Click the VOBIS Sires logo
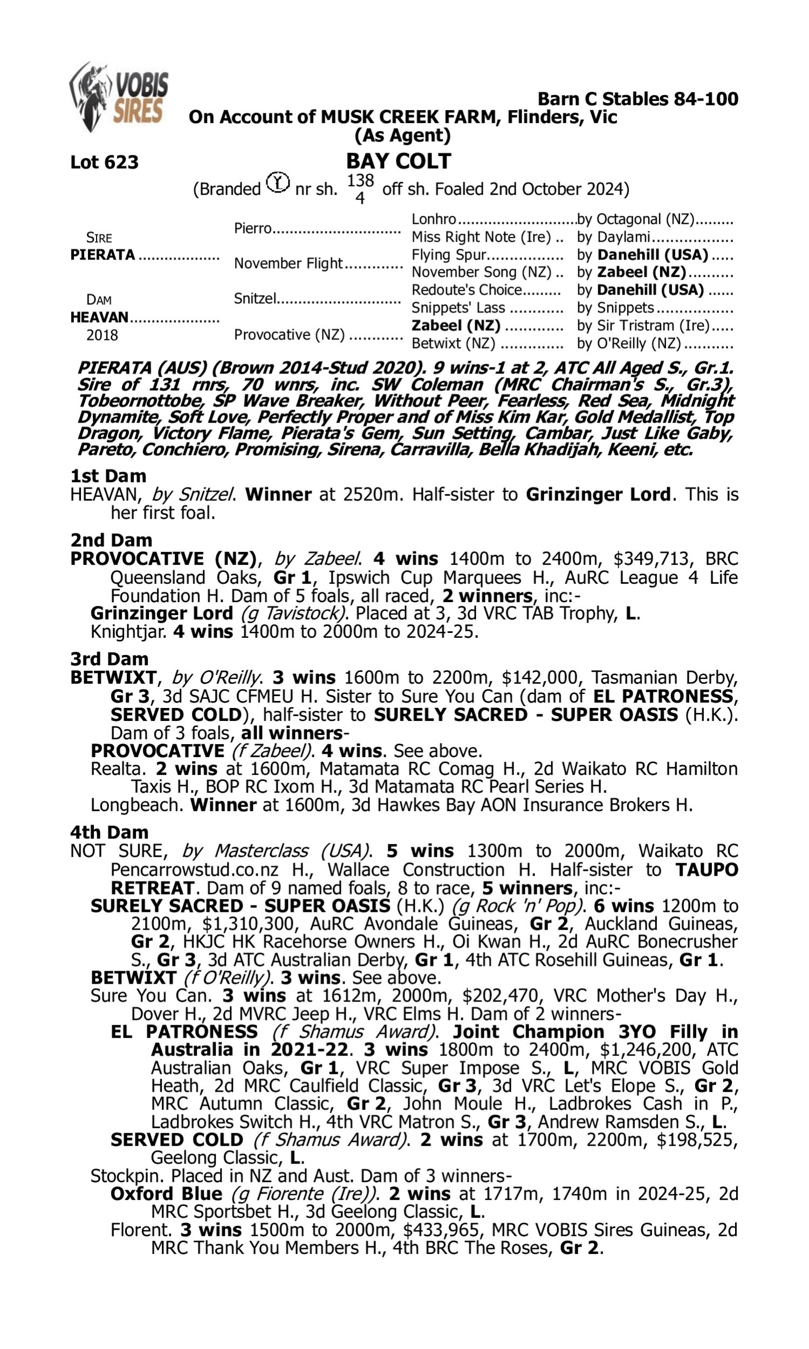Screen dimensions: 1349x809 119,97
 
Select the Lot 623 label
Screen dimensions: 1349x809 104,162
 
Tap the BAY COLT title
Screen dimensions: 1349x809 399,161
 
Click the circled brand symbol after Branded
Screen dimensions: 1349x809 278,182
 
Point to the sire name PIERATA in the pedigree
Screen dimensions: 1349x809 102,255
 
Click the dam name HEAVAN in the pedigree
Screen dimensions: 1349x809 99,317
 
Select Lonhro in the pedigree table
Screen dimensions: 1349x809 434,219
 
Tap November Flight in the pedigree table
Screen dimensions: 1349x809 289,263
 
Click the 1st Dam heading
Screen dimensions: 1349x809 108,476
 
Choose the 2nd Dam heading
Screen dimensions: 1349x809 111,540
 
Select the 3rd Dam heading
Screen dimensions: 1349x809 109,659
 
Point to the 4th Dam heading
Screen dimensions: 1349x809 109,833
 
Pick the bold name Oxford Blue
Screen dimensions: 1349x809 166,1194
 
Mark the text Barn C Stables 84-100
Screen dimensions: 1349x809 638,99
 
